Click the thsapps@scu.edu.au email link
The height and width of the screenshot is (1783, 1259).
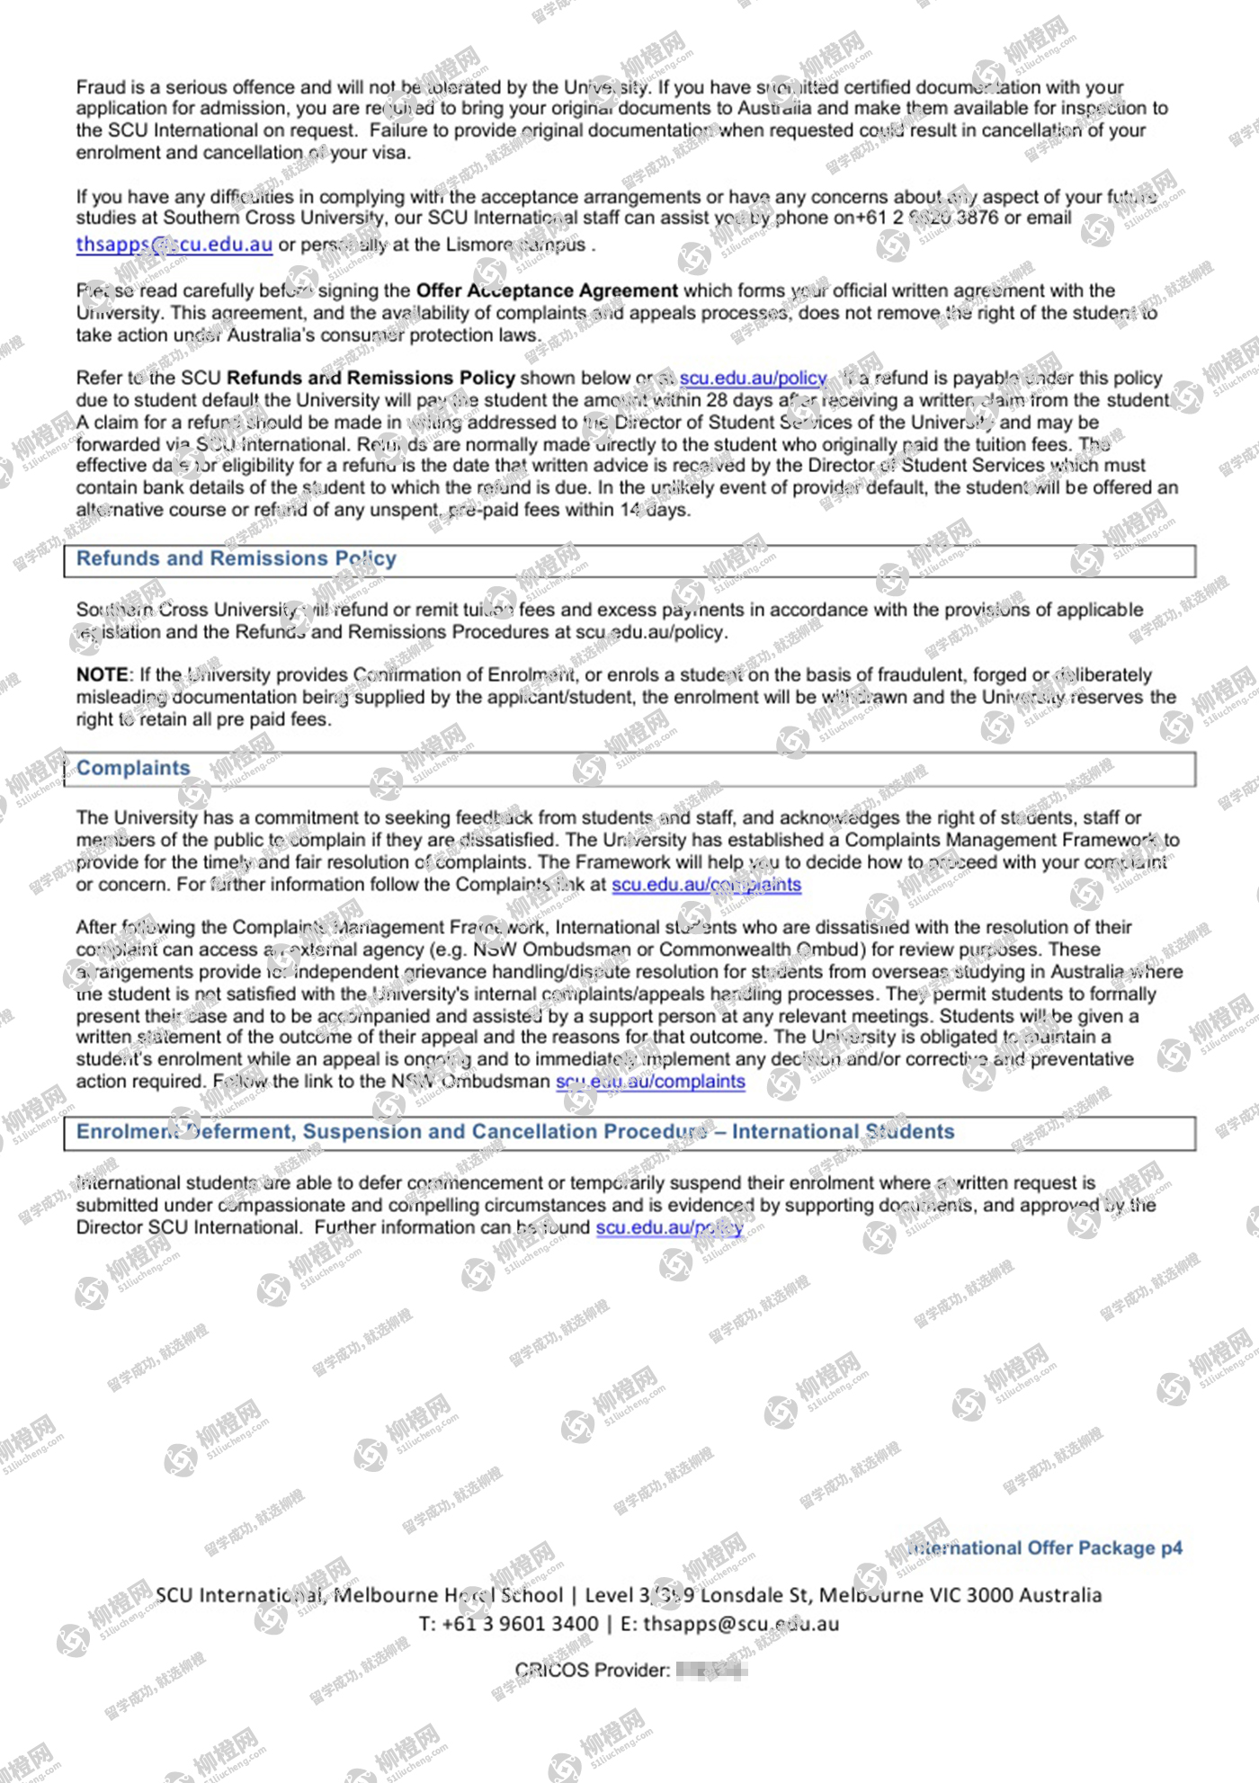[x=174, y=245]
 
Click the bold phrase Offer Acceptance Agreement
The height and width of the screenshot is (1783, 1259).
[x=547, y=291]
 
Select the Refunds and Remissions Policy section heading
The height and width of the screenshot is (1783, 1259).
[x=236, y=559]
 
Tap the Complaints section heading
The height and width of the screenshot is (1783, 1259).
[x=133, y=769]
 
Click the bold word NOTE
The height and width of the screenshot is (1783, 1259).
[x=103, y=675]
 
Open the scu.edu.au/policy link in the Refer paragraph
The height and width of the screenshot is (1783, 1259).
[x=753, y=379]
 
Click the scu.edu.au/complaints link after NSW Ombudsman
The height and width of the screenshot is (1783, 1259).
[x=650, y=1082]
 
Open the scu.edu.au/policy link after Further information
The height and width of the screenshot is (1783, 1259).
[x=669, y=1228]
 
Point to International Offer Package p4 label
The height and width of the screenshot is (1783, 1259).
[x=1045, y=1548]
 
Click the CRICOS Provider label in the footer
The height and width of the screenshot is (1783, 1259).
[x=592, y=1671]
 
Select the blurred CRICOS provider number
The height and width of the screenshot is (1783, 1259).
[x=711, y=1671]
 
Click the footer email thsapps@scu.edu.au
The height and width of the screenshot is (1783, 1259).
[x=741, y=1624]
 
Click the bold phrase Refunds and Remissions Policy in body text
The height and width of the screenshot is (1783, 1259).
[x=371, y=379]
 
